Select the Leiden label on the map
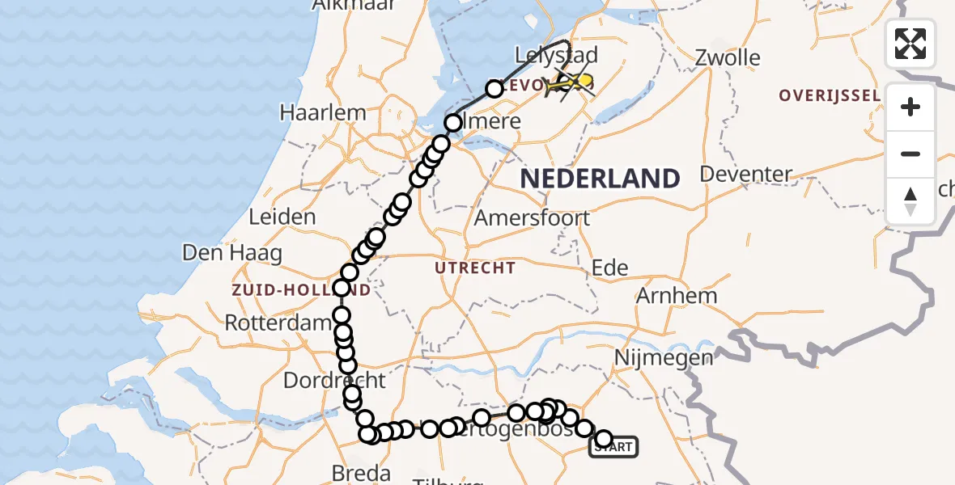coord(282,217)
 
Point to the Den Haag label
coord(232,253)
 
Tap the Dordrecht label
coord(334,379)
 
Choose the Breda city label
coord(362,473)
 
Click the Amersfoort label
coord(532,217)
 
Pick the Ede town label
coord(610,268)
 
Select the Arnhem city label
coord(677,295)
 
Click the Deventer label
coord(746,174)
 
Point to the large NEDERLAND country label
coord(599,178)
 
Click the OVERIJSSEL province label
coord(830,95)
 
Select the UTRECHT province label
coord(475,268)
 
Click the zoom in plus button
coord(910,107)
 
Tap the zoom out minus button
coord(910,154)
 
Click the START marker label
coord(614,446)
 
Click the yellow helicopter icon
coord(571,82)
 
